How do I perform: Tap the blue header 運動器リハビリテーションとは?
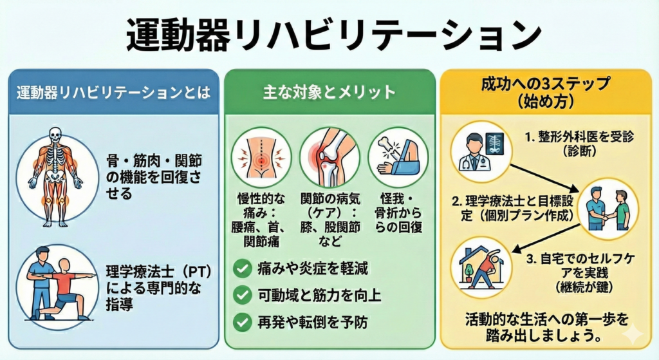pos(113,92)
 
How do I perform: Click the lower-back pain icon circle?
pos(261,156)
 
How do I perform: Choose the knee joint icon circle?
pos(328,156)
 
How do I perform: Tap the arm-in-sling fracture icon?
pos(398,156)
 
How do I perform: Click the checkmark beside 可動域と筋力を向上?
pos(243,296)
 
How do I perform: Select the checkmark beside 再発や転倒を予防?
pos(243,321)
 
